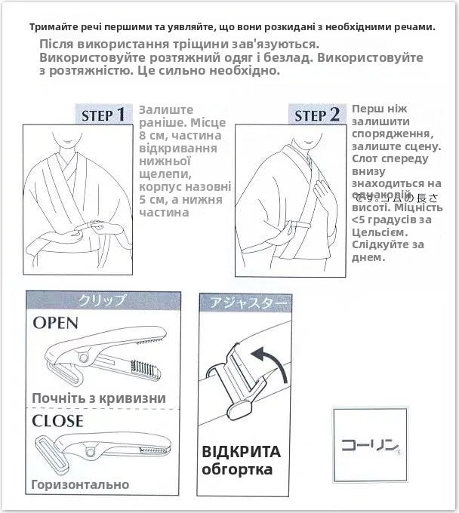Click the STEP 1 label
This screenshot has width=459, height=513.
104,115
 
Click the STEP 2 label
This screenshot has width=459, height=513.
316,115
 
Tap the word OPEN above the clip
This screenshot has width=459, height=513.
55,323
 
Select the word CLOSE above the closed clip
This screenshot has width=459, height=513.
57,419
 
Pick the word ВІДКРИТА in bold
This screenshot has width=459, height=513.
241,452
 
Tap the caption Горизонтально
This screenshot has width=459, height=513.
80,484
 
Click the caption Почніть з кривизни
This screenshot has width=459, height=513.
99,398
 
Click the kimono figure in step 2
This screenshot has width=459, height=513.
291,196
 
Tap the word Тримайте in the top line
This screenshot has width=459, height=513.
55,27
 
